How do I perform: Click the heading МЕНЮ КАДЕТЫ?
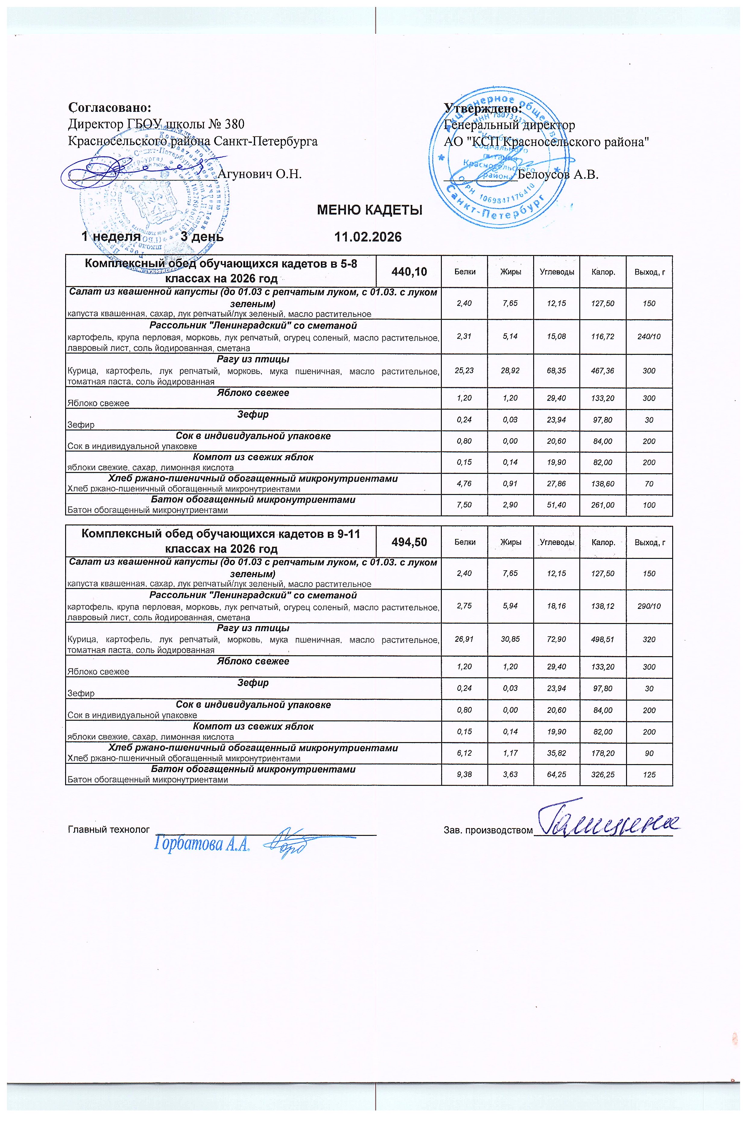pos(370,210)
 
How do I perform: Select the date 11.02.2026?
pos(368,237)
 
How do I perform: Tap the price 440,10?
pos(409,272)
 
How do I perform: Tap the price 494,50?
pos(409,542)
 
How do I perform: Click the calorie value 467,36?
pos(602,370)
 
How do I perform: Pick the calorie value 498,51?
pos(602,639)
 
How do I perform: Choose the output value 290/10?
pos(649,606)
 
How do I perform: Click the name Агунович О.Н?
pos(260,174)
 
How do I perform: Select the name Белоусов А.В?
pos(558,174)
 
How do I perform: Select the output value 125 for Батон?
pos(649,775)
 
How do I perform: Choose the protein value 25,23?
pos(464,370)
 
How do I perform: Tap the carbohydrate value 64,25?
pos(556,775)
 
